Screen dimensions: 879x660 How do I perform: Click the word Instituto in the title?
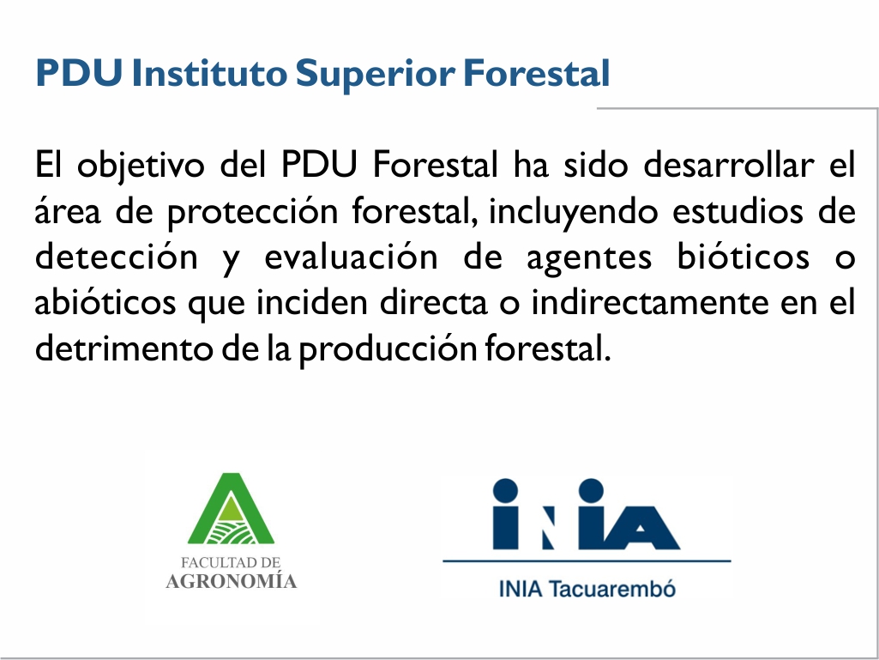coord(209,72)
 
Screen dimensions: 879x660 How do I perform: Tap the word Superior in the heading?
coord(375,74)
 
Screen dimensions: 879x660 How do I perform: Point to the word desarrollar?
coord(728,165)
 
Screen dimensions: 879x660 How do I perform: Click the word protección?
coord(253,212)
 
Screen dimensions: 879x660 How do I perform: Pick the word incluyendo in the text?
coord(573,212)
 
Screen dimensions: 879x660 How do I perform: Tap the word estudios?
coord(738,211)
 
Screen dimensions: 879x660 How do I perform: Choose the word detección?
coord(117,257)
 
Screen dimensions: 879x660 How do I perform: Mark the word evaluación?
coord(351,257)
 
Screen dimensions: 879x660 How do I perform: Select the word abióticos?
coord(105,303)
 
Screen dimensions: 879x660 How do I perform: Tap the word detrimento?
coord(123,349)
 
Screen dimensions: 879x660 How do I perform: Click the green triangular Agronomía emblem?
coord(231,508)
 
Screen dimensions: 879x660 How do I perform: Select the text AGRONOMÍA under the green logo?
coord(231,581)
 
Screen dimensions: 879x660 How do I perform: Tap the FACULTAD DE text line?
coord(231,562)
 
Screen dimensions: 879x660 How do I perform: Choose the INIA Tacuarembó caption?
coord(587,590)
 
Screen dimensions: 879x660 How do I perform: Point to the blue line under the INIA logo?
coord(587,560)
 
